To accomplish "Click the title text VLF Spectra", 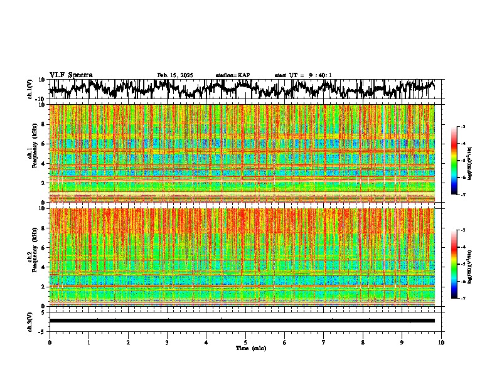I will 71,75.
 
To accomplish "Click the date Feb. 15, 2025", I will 175,75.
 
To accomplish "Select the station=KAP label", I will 233,75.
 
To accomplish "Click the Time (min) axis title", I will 245,348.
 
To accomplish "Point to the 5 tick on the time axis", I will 245,342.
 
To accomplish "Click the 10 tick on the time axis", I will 442,342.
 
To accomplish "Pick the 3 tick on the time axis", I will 167,342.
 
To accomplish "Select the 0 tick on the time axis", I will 50,342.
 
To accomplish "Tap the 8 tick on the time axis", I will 363,342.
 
